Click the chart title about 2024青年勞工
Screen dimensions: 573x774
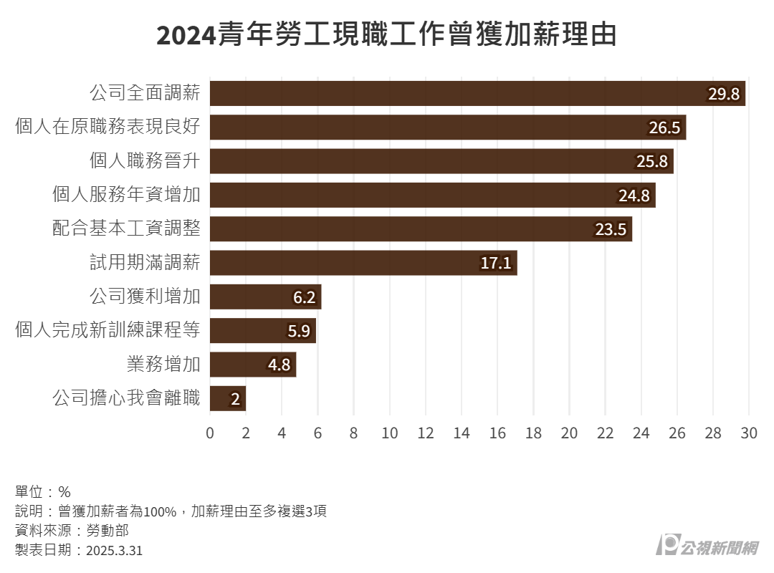click(x=386, y=34)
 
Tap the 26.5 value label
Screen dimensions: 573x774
click(x=664, y=127)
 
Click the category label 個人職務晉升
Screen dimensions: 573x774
click(x=144, y=161)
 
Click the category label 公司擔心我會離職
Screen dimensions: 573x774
click(x=126, y=398)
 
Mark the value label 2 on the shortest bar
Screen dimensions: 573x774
click(x=235, y=399)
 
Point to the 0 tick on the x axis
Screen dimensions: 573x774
click(x=210, y=433)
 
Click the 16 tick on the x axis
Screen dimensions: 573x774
click(x=497, y=433)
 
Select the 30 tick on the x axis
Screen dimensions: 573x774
click(x=749, y=433)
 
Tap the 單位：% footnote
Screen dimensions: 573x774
click(x=43, y=492)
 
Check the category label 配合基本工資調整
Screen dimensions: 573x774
click(x=126, y=229)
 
